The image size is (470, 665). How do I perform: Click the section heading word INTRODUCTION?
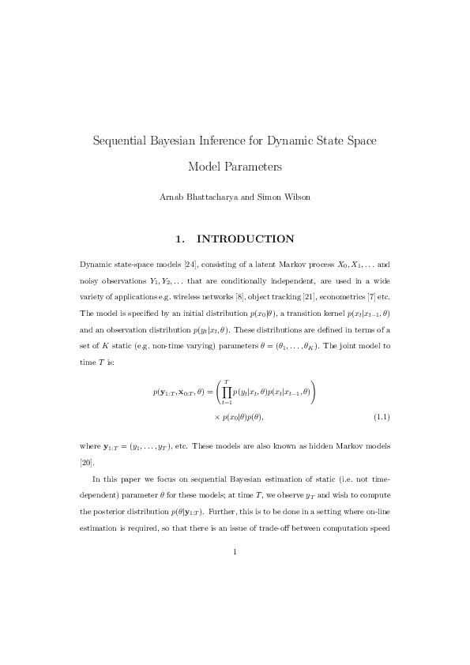tap(245, 239)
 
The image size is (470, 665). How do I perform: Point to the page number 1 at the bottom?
tap(235, 552)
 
